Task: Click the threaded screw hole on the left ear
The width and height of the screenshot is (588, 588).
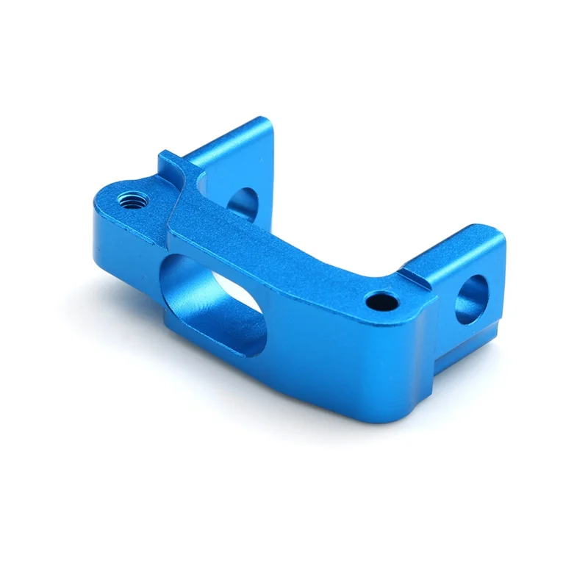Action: click(x=132, y=198)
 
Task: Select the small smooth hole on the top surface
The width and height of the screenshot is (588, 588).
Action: click(x=379, y=300)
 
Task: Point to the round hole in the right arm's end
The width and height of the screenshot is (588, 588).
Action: click(x=471, y=298)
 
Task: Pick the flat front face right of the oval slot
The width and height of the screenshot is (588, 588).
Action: click(x=331, y=353)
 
